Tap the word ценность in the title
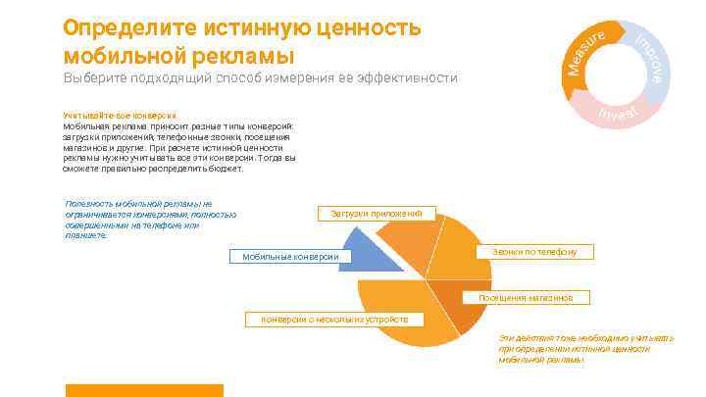[x=364, y=27]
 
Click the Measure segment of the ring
[x=586, y=50]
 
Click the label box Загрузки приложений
[x=377, y=214]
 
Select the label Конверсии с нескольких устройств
[x=333, y=319]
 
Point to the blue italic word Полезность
[x=83, y=204]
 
